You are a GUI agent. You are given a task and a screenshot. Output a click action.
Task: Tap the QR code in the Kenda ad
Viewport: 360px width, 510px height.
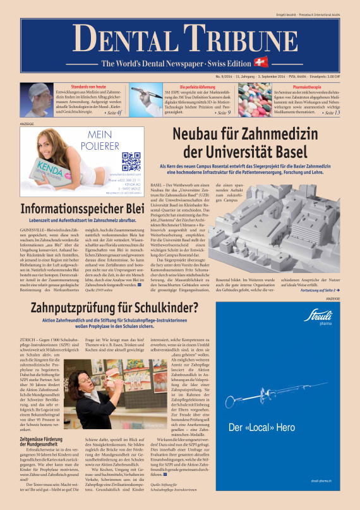(131, 162)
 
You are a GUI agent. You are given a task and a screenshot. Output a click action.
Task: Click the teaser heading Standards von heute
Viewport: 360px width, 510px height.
(79, 87)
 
